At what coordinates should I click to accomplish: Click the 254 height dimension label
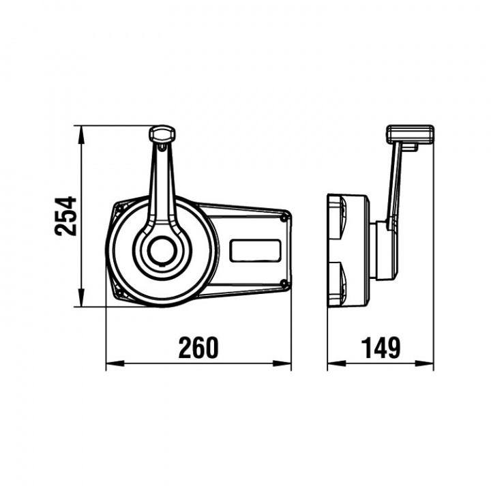coord(65,216)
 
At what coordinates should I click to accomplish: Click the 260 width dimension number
coord(198,348)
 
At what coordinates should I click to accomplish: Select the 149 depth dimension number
coord(381,348)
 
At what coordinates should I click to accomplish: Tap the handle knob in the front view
coord(162,134)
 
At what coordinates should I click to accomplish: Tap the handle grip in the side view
coord(411,134)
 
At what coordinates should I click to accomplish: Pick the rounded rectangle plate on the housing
coord(256,250)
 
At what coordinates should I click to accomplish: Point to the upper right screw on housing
coord(284,218)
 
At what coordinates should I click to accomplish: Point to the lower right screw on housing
coord(284,284)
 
